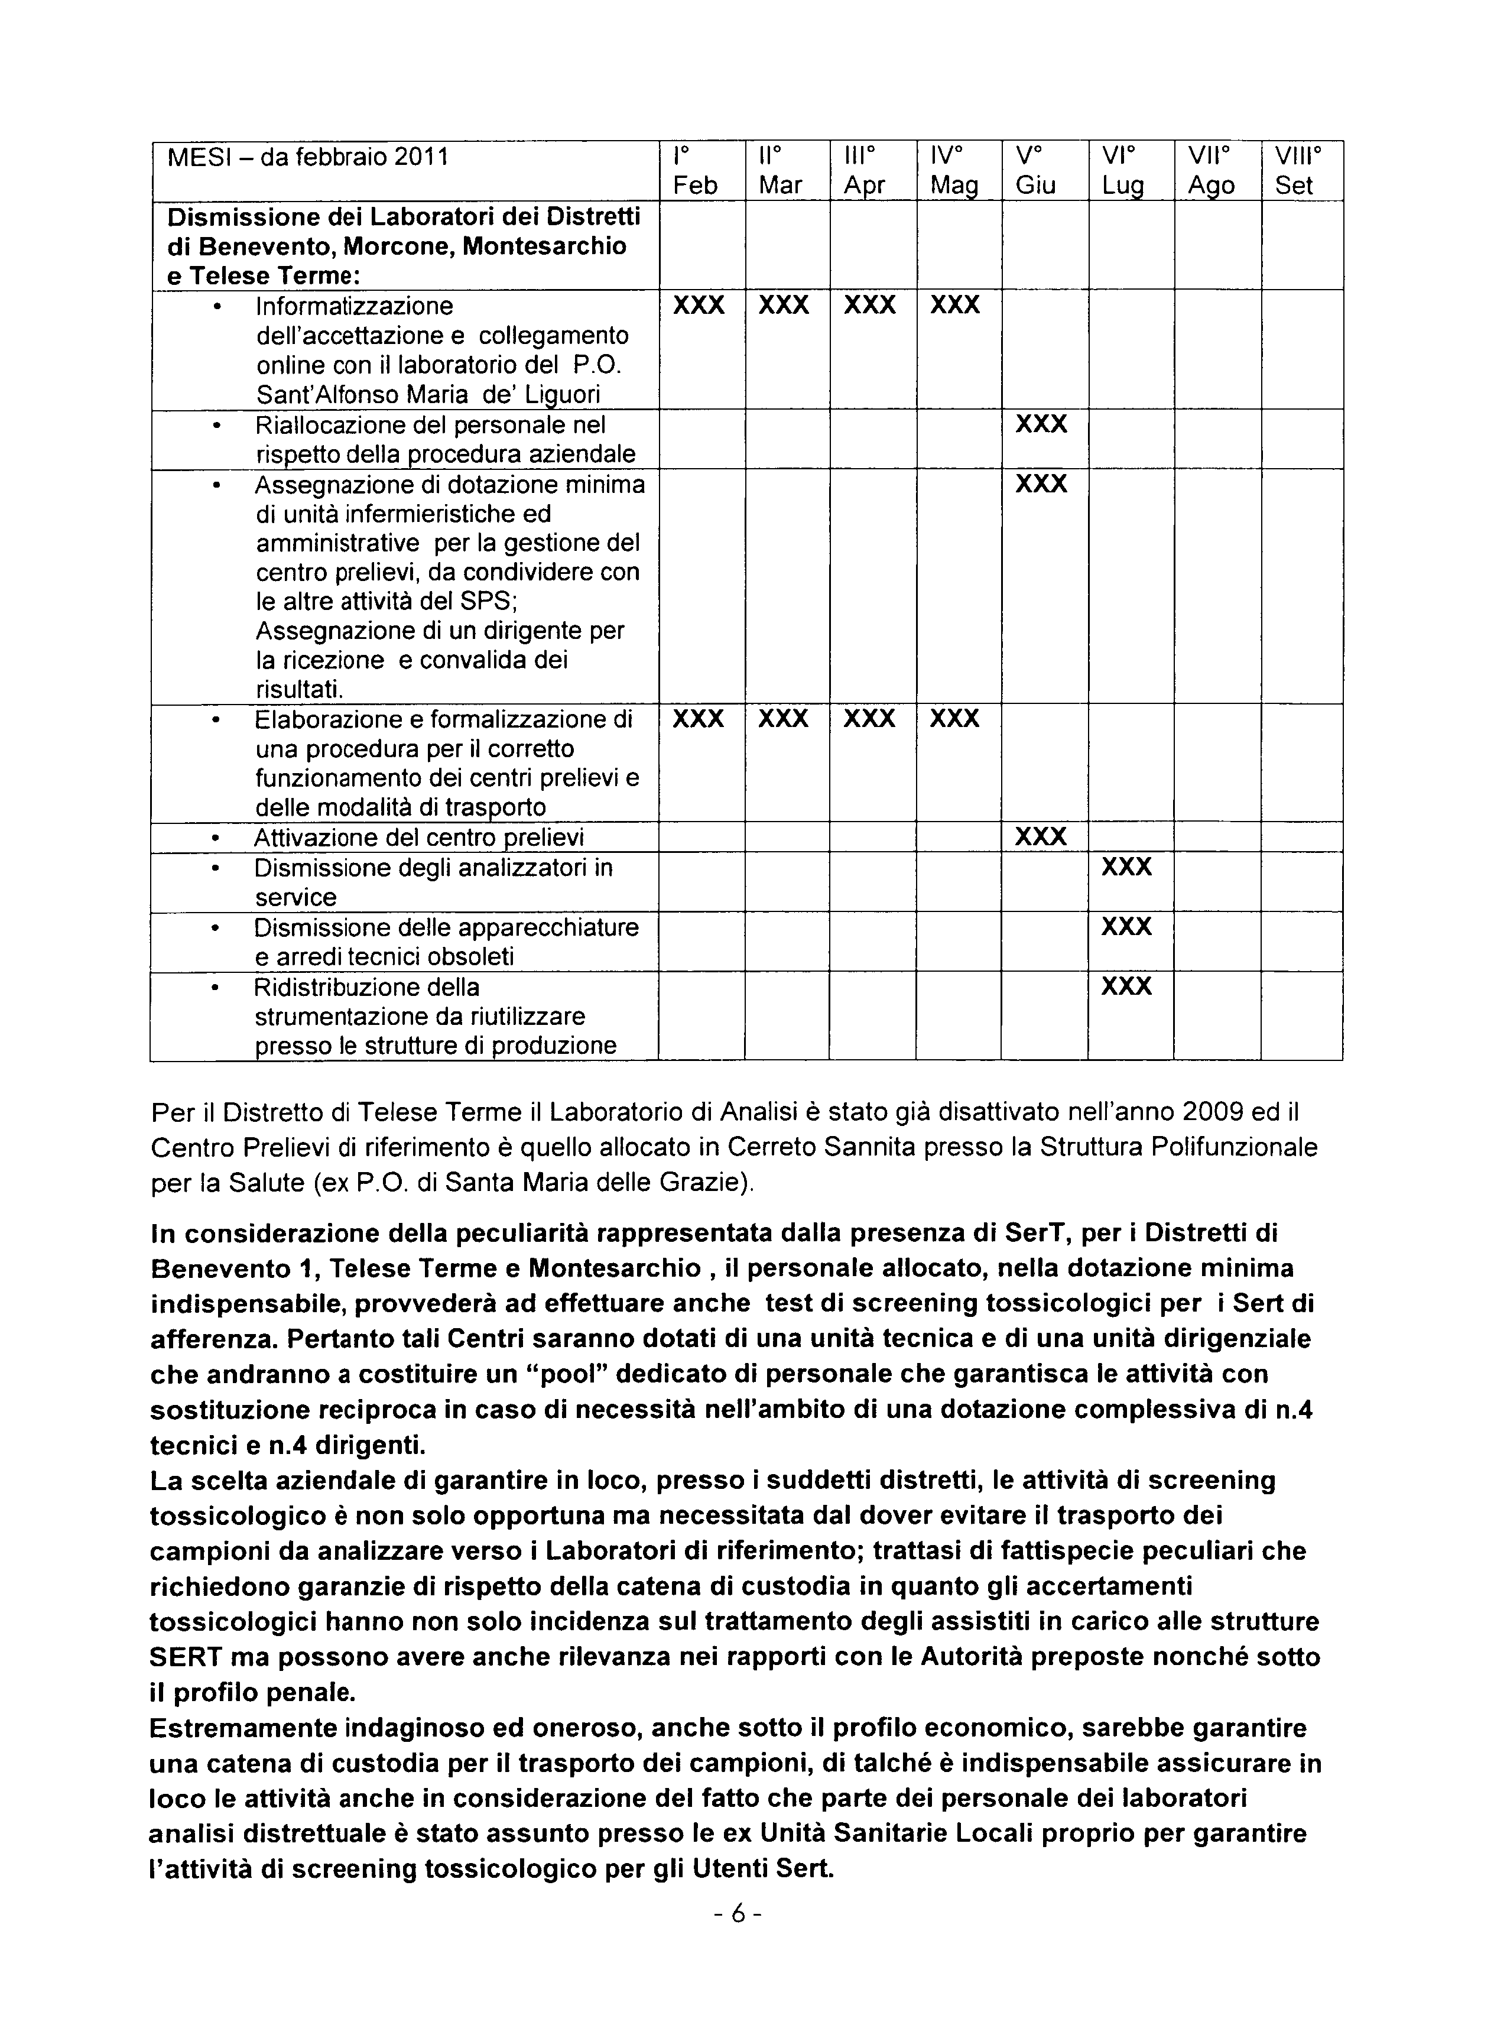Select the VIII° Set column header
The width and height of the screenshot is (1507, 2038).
pos(1301,171)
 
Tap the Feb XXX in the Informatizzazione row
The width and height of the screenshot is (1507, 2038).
pos(698,305)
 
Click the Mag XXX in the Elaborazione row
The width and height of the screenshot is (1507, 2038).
pos(954,719)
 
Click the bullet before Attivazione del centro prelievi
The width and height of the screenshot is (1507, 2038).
pos(215,838)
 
